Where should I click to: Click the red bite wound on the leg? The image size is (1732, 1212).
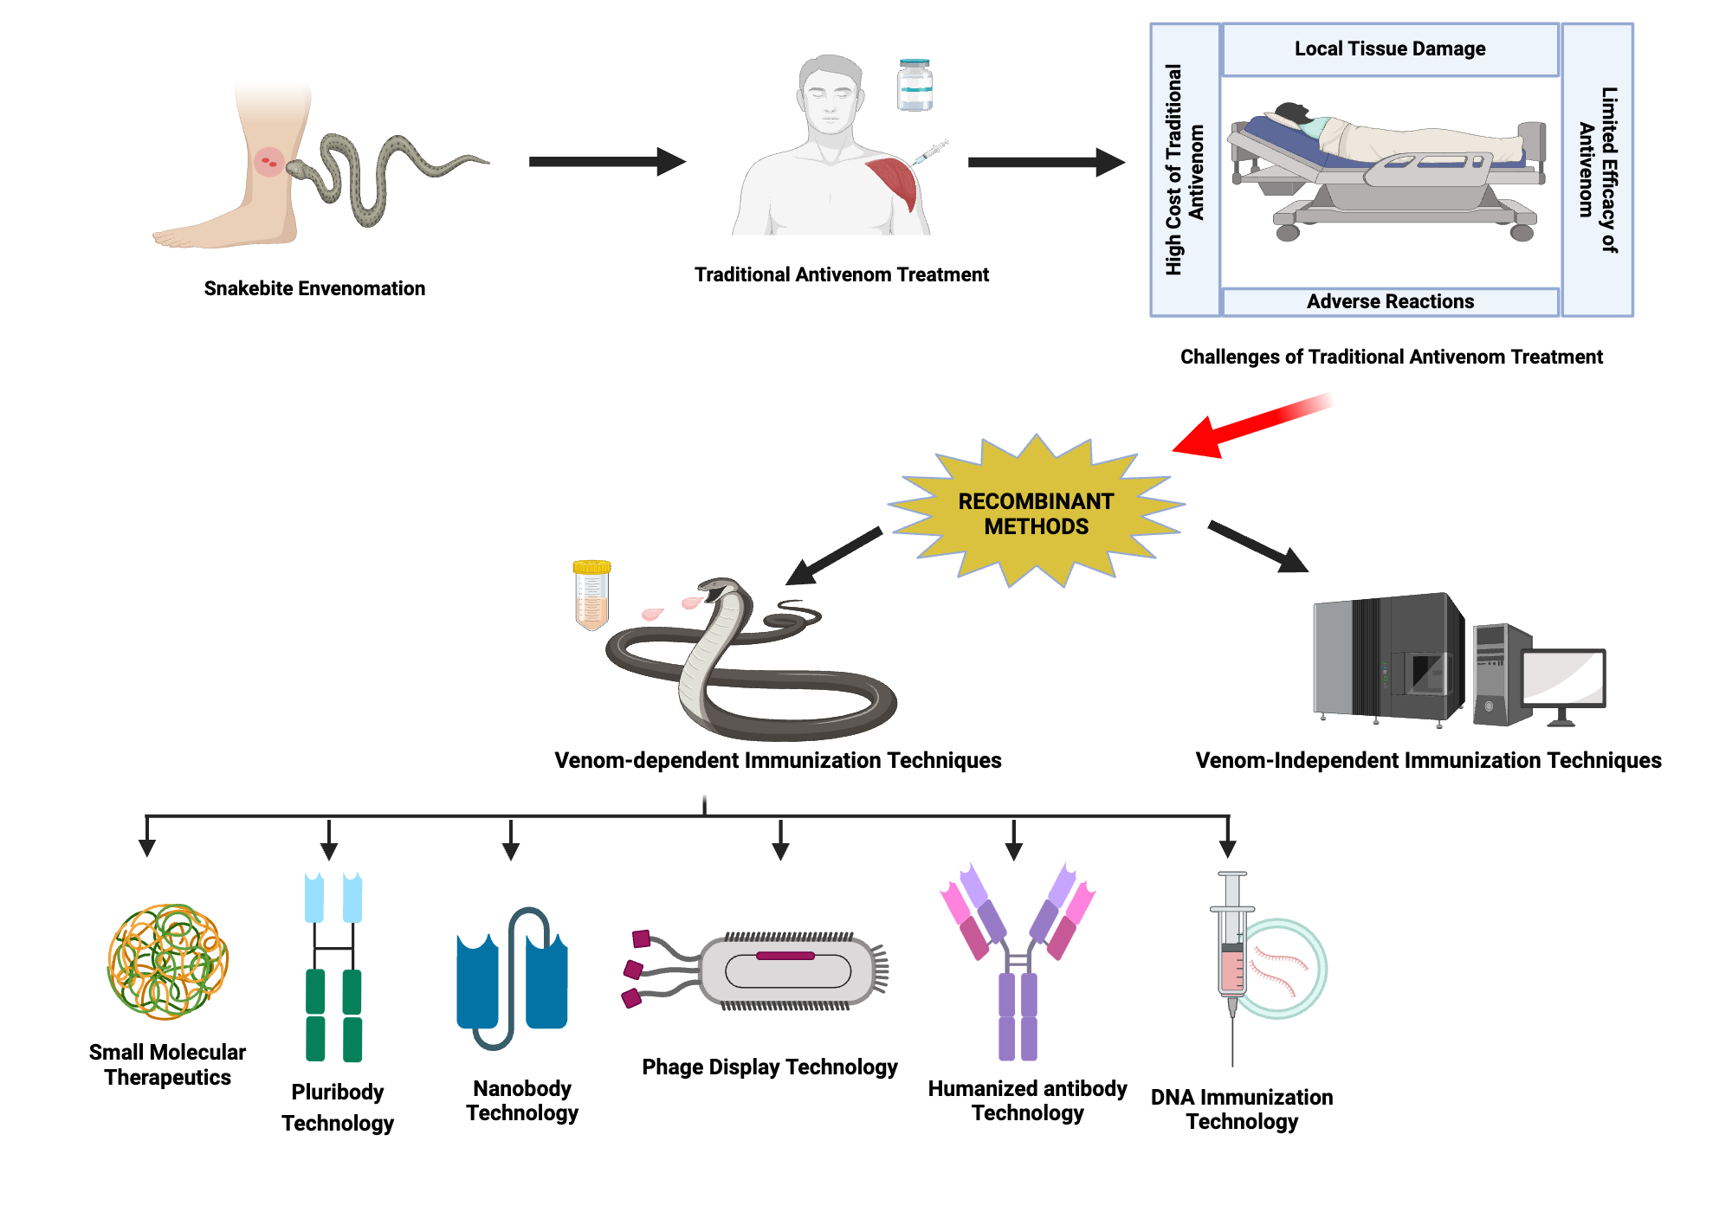[x=268, y=161]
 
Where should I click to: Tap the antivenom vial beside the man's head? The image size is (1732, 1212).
[x=914, y=86]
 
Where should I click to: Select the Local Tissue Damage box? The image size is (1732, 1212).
[x=1389, y=49]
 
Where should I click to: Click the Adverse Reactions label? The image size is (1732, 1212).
[x=1389, y=301]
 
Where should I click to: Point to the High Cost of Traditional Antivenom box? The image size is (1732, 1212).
[x=1185, y=170]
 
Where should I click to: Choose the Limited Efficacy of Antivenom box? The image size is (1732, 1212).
[x=1597, y=170]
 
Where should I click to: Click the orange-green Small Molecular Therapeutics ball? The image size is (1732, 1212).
[x=167, y=962]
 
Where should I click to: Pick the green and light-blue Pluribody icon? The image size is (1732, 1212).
[x=333, y=968]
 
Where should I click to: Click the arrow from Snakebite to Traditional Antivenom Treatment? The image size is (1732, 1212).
[x=606, y=161]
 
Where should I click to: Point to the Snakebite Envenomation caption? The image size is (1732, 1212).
[x=314, y=288]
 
